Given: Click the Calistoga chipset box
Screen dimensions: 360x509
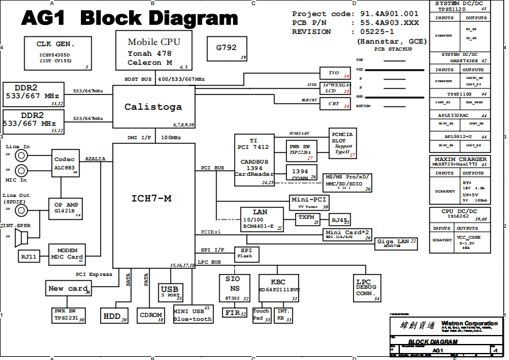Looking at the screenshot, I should pyautogui.click(x=153, y=107).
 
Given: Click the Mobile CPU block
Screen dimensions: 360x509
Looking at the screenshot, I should pyautogui.click(x=153, y=51).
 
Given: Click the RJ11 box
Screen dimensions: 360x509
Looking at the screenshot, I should pyautogui.click(x=28, y=256).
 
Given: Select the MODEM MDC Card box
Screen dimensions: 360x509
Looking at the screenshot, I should pyautogui.click(x=67, y=254).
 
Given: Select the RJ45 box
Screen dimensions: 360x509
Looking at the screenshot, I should pyautogui.click(x=340, y=219).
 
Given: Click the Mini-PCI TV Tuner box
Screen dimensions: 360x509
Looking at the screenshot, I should pyautogui.click(x=309, y=203).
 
